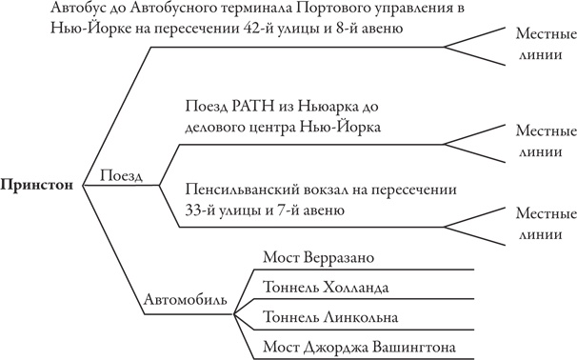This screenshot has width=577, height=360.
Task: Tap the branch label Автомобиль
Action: [x=186, y=300]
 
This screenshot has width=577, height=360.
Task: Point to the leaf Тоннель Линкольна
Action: [x=332, y=316]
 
